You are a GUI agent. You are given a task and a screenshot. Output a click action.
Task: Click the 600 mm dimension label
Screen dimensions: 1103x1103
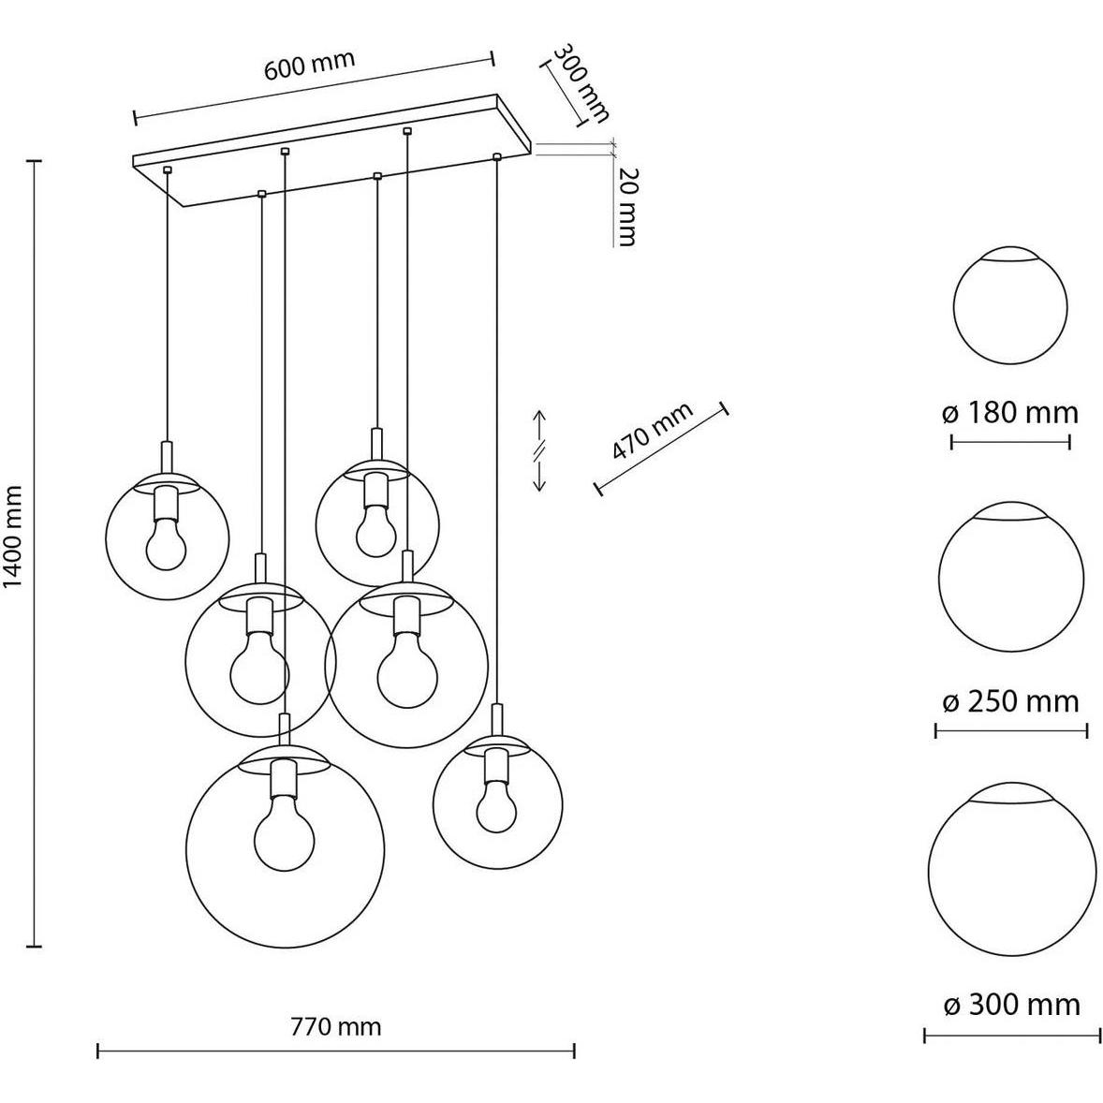click(310, 65)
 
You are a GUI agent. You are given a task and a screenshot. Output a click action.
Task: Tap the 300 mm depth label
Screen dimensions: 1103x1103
click(581, 83)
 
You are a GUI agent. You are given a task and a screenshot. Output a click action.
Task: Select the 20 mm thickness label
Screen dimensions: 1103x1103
click(624, 207)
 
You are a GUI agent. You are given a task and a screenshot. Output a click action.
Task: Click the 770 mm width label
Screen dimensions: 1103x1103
click(335, 1026)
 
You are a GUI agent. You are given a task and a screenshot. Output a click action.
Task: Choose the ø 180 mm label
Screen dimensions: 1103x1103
click(1010, 412)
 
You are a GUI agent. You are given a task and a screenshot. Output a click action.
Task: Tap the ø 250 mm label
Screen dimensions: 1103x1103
click(1010, 701)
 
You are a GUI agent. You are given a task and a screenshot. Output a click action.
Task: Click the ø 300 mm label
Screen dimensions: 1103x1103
click(1011, 1005)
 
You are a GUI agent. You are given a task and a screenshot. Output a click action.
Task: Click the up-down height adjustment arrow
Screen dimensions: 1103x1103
click(539, 450)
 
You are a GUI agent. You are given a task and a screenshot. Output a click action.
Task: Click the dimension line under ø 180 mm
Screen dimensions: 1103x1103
click(1010, 443)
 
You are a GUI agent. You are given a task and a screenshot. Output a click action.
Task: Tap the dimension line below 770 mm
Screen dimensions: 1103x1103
click(336, 1052)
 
